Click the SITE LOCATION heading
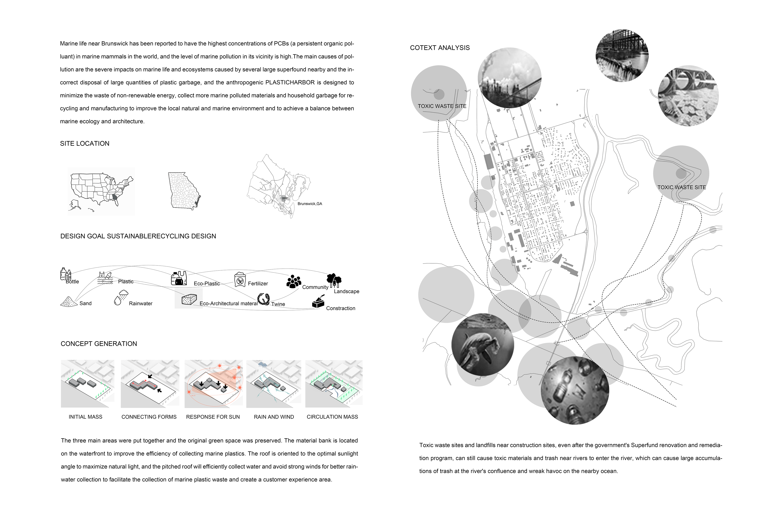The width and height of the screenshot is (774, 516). [85, 144]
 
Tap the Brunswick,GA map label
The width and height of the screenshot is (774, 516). [310, 204]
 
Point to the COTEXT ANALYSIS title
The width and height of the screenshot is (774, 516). [440, 48]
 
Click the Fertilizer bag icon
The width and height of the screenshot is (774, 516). [240, 280]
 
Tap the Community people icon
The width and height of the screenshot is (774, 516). [293, 281]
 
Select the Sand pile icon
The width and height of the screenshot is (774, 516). [69, 302]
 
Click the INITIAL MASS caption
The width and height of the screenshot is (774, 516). [85, 417]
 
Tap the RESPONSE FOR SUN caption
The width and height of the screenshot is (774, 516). [213, 417]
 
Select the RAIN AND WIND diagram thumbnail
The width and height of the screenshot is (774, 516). [274, 383]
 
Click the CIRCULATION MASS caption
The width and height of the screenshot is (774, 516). [332, 417]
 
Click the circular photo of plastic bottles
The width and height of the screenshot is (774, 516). [575, 391]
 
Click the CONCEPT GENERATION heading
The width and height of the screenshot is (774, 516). [99, 344]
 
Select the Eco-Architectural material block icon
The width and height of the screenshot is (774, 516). [189, 300]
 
